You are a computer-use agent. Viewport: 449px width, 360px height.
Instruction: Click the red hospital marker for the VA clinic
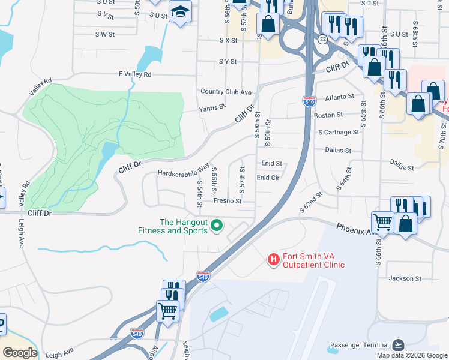click(273, 259)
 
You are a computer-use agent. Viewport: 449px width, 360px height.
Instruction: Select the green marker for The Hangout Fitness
click(218, 226)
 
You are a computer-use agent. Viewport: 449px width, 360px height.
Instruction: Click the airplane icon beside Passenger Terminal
click(397, 344)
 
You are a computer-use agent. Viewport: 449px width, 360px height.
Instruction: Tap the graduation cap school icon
click(179, 12)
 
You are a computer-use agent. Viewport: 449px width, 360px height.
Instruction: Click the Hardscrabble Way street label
click(183, 169)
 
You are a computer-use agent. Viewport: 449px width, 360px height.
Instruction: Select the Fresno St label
click(227, 201)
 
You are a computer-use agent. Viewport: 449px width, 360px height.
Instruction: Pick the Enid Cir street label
click(268, 178)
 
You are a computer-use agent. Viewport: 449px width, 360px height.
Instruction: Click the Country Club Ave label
click(226, 92)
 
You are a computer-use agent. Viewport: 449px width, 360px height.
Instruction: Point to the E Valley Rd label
click(135, 74)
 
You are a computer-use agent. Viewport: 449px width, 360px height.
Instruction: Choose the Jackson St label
click(401, 278)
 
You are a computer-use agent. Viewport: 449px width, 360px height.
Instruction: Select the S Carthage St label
click(339, 132)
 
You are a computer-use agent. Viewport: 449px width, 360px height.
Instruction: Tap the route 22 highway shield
click(323, 39)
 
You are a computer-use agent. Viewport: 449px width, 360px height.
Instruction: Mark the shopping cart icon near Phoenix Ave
click(382, 222)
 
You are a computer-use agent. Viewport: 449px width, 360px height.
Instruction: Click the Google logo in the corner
click(19, 353)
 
